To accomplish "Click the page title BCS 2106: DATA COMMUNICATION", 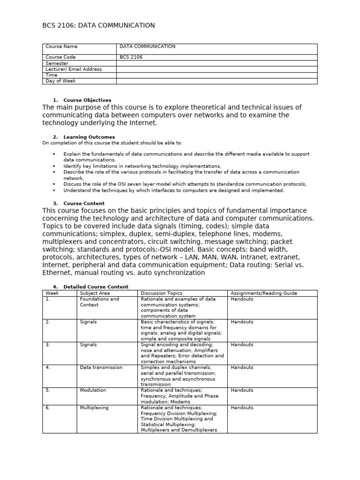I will pos(98,25).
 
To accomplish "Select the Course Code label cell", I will pos(60,57).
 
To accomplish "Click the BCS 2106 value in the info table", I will pos(131,57).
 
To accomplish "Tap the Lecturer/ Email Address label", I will pos(74,69).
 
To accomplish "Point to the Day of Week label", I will pos(60,81).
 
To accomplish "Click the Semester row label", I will pos(57,63).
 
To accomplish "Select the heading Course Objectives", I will pos(87,100).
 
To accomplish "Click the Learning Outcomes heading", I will pos(89,137).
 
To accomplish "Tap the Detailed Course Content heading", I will pos(96,286).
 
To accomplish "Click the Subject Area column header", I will pos(94,293).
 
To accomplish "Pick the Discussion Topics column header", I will pos(161,293).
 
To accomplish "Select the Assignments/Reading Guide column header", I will pos(263,293).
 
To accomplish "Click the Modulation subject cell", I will pos(93,390).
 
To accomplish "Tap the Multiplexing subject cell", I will pos(94,407).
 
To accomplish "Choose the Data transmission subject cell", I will pos(101,367).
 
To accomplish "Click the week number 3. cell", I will pos(48,345).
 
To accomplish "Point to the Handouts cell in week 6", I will pos(242,407).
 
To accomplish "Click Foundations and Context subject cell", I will pos(99,302).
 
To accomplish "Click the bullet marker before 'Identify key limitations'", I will pos(54,166).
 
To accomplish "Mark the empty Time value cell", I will pos(217,75).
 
